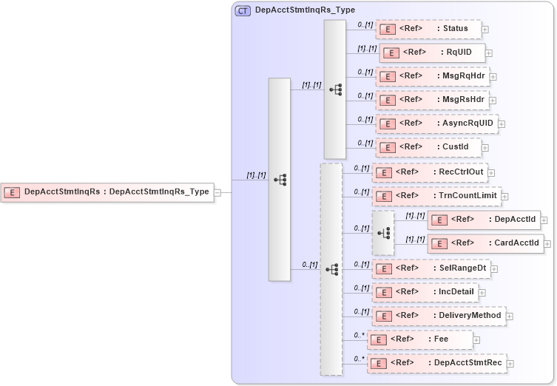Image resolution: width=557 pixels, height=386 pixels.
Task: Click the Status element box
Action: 428,29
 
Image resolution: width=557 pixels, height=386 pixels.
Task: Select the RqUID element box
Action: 432,53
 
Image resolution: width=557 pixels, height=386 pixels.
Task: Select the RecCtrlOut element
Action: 429,172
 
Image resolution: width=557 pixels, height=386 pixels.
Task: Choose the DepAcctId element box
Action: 485,220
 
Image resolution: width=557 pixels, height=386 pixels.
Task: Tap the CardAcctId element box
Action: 485,243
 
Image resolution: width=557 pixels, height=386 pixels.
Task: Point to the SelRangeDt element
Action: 430,268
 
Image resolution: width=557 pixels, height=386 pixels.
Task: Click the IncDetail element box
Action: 425,292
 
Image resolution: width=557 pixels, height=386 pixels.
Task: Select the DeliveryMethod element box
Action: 438,316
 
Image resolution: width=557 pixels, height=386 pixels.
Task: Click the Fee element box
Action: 419,339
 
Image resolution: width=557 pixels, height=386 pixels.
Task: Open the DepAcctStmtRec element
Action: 436,363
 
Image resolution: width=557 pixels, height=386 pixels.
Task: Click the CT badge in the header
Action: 242,10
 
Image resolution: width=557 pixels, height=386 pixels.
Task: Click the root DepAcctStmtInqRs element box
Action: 107,192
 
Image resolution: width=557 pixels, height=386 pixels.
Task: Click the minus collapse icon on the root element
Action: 217,192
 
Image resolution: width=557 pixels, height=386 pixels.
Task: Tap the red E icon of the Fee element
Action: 378,340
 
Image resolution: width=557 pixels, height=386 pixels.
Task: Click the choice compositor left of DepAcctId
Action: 383,232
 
